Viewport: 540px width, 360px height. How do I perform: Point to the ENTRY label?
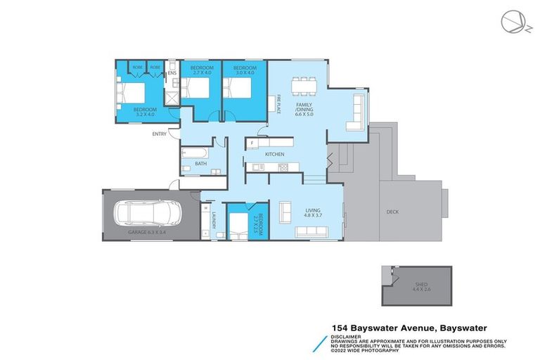tap(160, 134)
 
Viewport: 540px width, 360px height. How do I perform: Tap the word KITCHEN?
tap(274, 153)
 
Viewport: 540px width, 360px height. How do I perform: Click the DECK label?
tap(393, 211)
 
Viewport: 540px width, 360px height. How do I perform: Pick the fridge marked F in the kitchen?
tap(252, 144)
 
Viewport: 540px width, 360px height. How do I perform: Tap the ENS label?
tap(171, 74)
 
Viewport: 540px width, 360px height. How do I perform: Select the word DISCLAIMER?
tap(347, 335)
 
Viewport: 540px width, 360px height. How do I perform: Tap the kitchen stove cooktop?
tap(283, 167)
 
